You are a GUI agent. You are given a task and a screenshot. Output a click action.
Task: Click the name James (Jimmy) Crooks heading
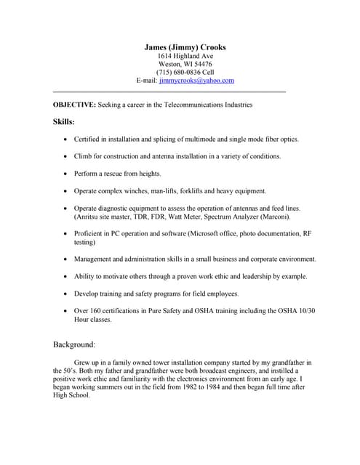tap(185, 46)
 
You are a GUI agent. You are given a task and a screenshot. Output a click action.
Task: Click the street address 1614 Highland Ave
tap(185, 55)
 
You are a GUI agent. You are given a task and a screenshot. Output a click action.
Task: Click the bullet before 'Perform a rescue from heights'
tap(66, 174)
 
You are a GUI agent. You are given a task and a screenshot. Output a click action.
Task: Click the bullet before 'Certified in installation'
tap(66, 139)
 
